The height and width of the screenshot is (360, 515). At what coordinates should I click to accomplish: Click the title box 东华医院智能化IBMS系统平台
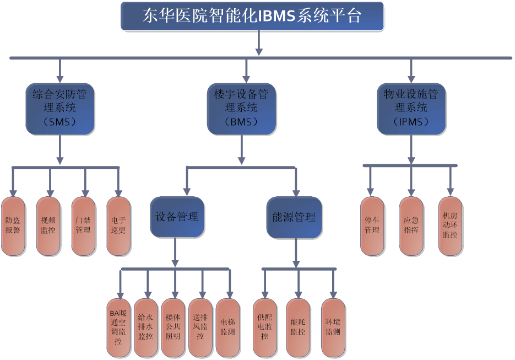coord(252,16)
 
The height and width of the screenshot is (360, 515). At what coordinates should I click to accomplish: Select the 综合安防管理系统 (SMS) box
coord(59,108)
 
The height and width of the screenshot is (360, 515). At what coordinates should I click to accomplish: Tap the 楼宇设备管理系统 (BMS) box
coord(241,108)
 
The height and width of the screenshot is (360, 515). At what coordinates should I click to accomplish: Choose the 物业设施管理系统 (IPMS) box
coord(411,108)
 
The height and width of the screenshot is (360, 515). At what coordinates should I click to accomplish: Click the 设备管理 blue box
coord(177,217)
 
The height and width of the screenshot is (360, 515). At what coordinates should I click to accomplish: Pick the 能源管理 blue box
coord(294,217)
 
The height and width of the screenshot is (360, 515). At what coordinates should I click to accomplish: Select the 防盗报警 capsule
coord(13,226)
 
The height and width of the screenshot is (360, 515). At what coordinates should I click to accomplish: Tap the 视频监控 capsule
coord(48,226)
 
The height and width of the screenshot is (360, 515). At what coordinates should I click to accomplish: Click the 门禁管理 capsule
coord(83,226)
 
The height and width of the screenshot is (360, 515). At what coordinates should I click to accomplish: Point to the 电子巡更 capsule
coord(118,226)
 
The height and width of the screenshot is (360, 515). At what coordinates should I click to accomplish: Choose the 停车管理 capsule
coord(372,226)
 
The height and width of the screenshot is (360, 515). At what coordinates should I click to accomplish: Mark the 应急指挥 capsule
coord(411,226)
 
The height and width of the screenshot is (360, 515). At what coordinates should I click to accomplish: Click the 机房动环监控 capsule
coord(451,226)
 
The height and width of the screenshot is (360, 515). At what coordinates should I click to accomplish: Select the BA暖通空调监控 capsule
coord(118,327)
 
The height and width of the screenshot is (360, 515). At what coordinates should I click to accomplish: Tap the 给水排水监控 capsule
coord(146,327)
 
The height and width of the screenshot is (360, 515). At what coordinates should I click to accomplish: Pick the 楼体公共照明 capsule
coord(174,327)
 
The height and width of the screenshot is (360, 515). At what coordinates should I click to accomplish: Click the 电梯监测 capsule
coord(228,327)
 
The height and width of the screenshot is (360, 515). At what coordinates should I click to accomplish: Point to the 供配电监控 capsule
coord(265,327)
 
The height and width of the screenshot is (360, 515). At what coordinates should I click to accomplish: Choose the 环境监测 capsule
coord(333,327)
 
